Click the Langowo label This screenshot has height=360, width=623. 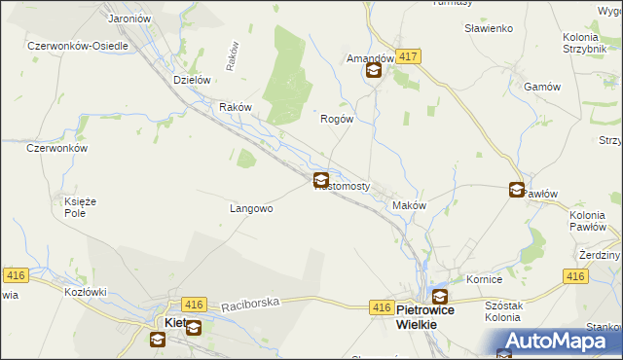pos(250,208)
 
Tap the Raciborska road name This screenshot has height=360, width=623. pos(251,304)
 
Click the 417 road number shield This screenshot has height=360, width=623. pos(409,58)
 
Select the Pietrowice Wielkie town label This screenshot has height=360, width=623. pos(431,316)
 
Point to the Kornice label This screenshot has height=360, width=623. pos(484,279)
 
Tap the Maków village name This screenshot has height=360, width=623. pos(409,205)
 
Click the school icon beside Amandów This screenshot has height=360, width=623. pos(373,71)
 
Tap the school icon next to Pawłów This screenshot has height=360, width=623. pos(517,191)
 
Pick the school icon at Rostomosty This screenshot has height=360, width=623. pos(320,180)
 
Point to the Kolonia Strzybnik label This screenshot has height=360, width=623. pos(587,43)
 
